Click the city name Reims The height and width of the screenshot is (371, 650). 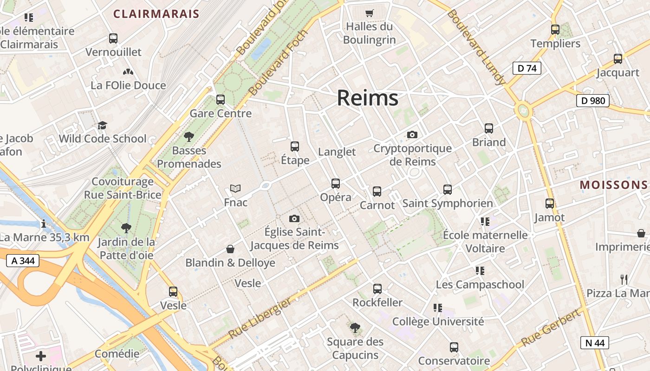tap(367, 98)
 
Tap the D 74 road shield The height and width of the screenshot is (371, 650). tap(526, 68)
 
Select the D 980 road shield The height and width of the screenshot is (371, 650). tap(592, 101)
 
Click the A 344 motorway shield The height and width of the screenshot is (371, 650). tap(23, 261)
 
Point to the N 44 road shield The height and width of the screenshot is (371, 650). tap(594, 343)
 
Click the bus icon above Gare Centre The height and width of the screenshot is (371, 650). tap(221, 100)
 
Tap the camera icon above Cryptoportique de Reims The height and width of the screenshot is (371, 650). tap(412, 135)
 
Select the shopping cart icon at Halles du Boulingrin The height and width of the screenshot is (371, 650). tap(370, 13)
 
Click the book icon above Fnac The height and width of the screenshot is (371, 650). tap(235, 189)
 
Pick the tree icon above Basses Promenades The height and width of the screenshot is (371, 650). tap(188, 137)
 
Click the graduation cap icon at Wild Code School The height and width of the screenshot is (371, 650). tap(102, 125)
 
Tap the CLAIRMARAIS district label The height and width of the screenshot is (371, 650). tap(156, 14)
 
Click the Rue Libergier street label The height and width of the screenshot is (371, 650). tap(260, 318)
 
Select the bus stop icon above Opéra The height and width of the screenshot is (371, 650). tap(336, 184)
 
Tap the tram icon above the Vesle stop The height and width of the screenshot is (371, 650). tap(173, 292)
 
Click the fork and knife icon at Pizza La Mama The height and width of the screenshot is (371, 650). tap(624, 280)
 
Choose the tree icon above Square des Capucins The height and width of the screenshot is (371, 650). tap(355, 328)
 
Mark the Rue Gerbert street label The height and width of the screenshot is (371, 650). tap(551, 328)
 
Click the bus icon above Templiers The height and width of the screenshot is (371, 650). tap(555, 30)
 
